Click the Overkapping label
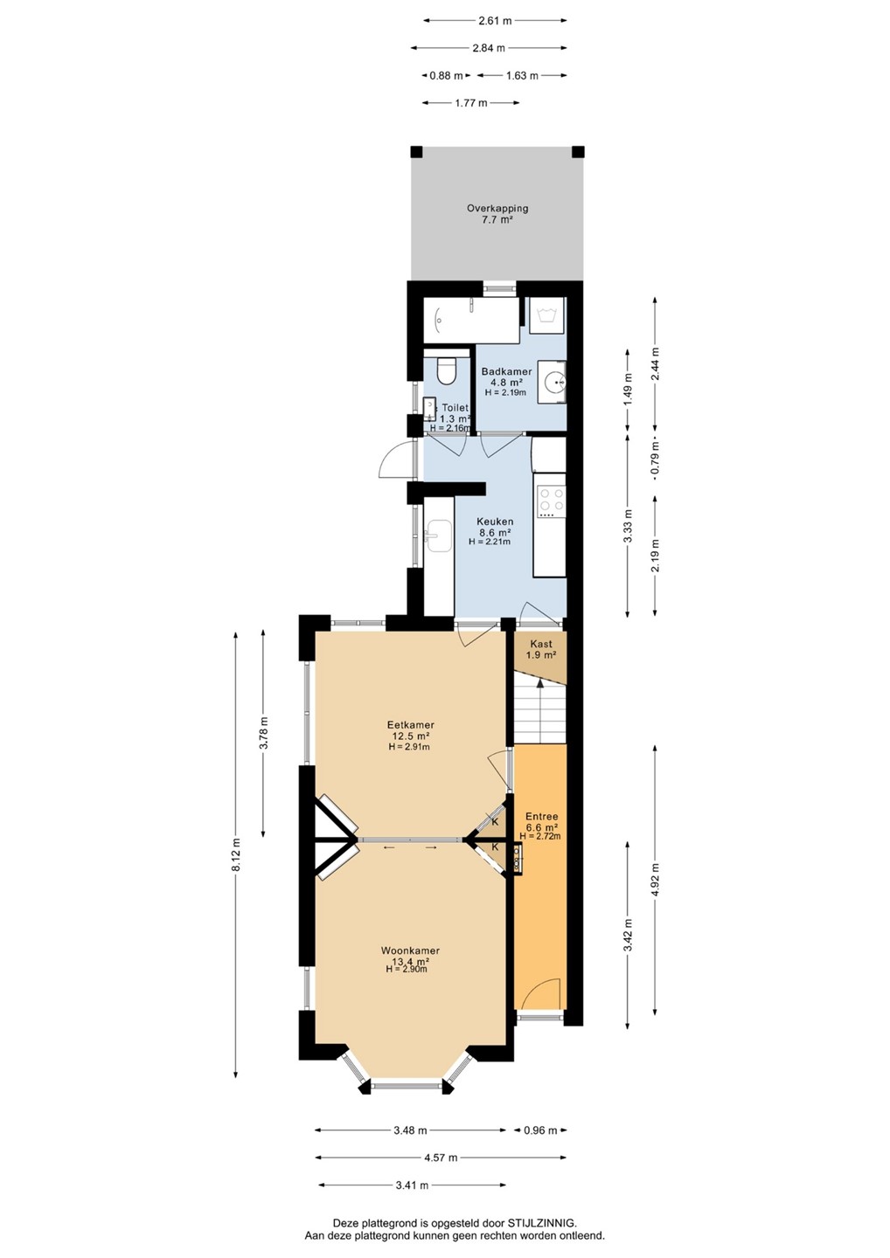[497, 208]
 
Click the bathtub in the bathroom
[471, 320]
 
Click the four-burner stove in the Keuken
[551, 501]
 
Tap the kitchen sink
[438, 536]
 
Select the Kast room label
[541, 644]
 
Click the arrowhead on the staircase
[540, 682]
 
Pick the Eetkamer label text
[411, 724]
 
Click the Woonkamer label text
[410, 950]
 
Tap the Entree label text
[542, 817]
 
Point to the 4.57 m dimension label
[440, 1157]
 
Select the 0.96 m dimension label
[540, 1130]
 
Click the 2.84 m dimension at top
[489, 48]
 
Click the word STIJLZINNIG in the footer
[542, 1222]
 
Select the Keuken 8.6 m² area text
[495, 531]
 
